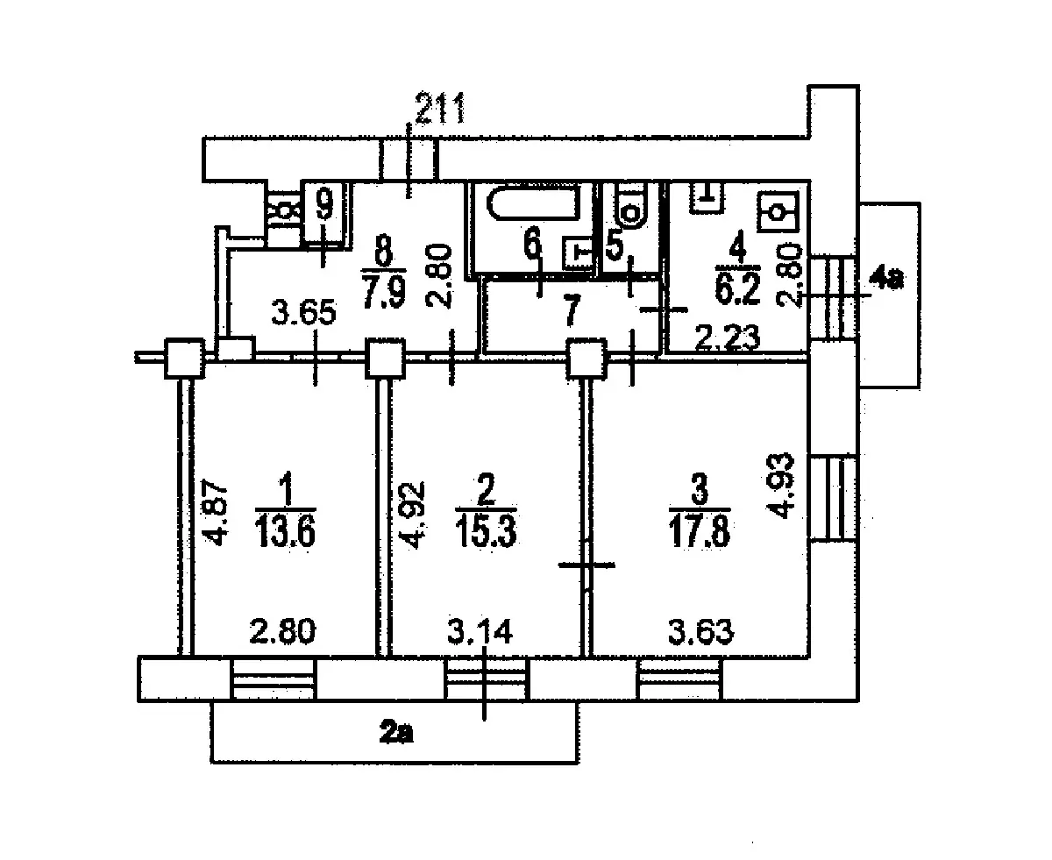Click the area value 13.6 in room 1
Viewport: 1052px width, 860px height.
coord(285,531)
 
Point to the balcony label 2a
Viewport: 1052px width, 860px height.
coord(396,733)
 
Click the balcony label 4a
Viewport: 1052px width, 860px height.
coord(886,279)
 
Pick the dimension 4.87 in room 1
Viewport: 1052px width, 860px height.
coord(216,512)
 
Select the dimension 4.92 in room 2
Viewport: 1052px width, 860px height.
coord(413,515)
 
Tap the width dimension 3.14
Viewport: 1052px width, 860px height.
coord(480,631)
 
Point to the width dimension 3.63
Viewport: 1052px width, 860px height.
coord(700,631)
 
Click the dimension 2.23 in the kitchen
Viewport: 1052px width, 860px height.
coord(728,338)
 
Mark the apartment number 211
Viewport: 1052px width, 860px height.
coord(440,108)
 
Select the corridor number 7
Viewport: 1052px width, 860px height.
coord(572,310)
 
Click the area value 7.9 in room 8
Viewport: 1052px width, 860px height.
coord(384,294)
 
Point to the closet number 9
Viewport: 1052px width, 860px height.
coord(324,204)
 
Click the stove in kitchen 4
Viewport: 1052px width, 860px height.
coord(777,212)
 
